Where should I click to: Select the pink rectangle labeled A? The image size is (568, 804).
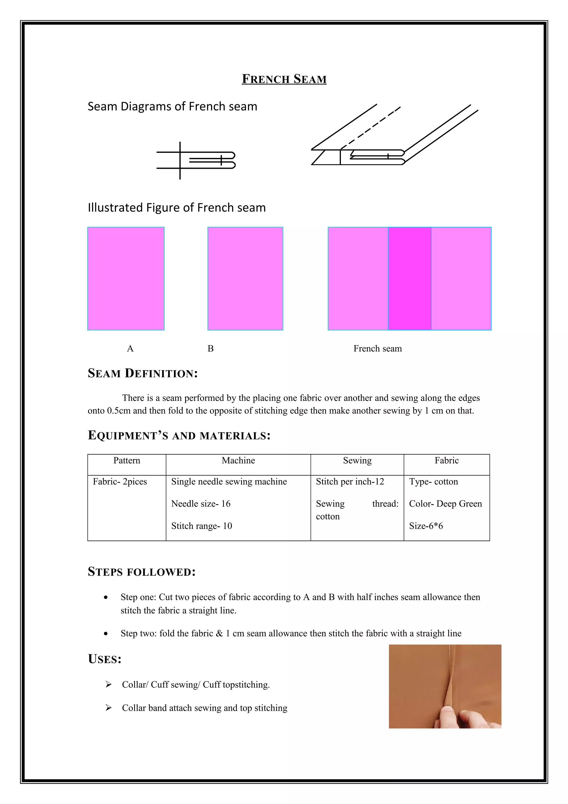tap(126, 278)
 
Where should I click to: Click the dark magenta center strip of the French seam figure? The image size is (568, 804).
tap(409, 278)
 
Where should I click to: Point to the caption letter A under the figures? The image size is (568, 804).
tap(130, 348)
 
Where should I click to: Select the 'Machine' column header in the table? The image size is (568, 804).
tap(238, 461)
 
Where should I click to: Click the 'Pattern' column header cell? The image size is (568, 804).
tap(127, 461)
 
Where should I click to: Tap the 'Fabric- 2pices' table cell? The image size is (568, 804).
tap(120, 482)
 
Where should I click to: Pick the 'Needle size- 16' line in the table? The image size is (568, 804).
tap(201, 504)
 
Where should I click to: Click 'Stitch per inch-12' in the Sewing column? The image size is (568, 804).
tap(350, 482)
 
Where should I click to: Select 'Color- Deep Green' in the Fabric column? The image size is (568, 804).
tap(445, 504)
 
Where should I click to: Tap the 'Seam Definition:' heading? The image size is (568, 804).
tap(143, 373)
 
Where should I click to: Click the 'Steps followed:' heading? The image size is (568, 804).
tap(141, 572)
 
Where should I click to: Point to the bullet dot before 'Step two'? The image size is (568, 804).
tap(106, 633)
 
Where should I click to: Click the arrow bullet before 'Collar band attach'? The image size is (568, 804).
tap(108, 708)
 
